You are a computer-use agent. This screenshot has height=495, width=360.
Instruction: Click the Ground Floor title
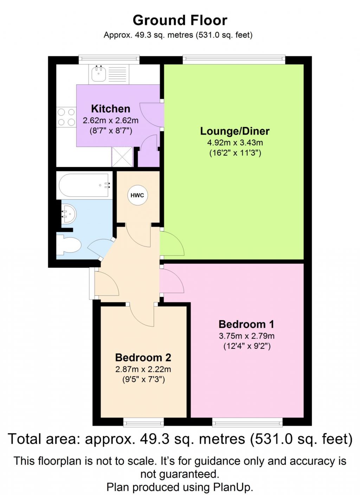coord(180,20)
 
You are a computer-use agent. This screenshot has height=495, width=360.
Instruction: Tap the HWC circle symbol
coord(137,195)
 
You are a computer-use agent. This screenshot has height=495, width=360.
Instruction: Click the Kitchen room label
coord(110,109)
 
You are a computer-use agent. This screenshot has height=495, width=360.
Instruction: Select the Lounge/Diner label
coord(235,131)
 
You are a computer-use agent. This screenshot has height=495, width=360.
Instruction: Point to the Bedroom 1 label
coord(246,324)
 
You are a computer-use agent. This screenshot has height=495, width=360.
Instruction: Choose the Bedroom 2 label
coord(143,358)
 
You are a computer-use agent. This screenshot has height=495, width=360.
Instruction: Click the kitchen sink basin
coord(99,74)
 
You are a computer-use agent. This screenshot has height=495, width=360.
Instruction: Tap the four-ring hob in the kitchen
coord(66,117)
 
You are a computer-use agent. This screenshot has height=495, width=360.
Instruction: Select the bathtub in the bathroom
coord(84,185)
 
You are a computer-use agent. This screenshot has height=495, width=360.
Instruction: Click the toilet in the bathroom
coord(69,245)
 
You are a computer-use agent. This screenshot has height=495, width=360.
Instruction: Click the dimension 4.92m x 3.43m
coord(235,143)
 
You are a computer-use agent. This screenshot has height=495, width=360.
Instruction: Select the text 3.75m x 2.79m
coord(246,336)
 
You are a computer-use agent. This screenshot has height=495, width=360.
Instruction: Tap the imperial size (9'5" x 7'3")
coord(143,380)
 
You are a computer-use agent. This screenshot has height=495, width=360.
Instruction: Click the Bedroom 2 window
coord(143,422)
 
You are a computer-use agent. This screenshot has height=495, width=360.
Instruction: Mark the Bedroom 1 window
coord(247,422)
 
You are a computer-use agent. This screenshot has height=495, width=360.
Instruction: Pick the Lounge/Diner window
coord(234,59)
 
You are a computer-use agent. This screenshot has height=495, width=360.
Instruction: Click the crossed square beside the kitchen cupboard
coord(122,157)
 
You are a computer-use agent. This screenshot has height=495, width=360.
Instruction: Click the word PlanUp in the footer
coord(232,487)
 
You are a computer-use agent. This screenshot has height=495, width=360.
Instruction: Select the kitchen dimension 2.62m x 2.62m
coord(110,121)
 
